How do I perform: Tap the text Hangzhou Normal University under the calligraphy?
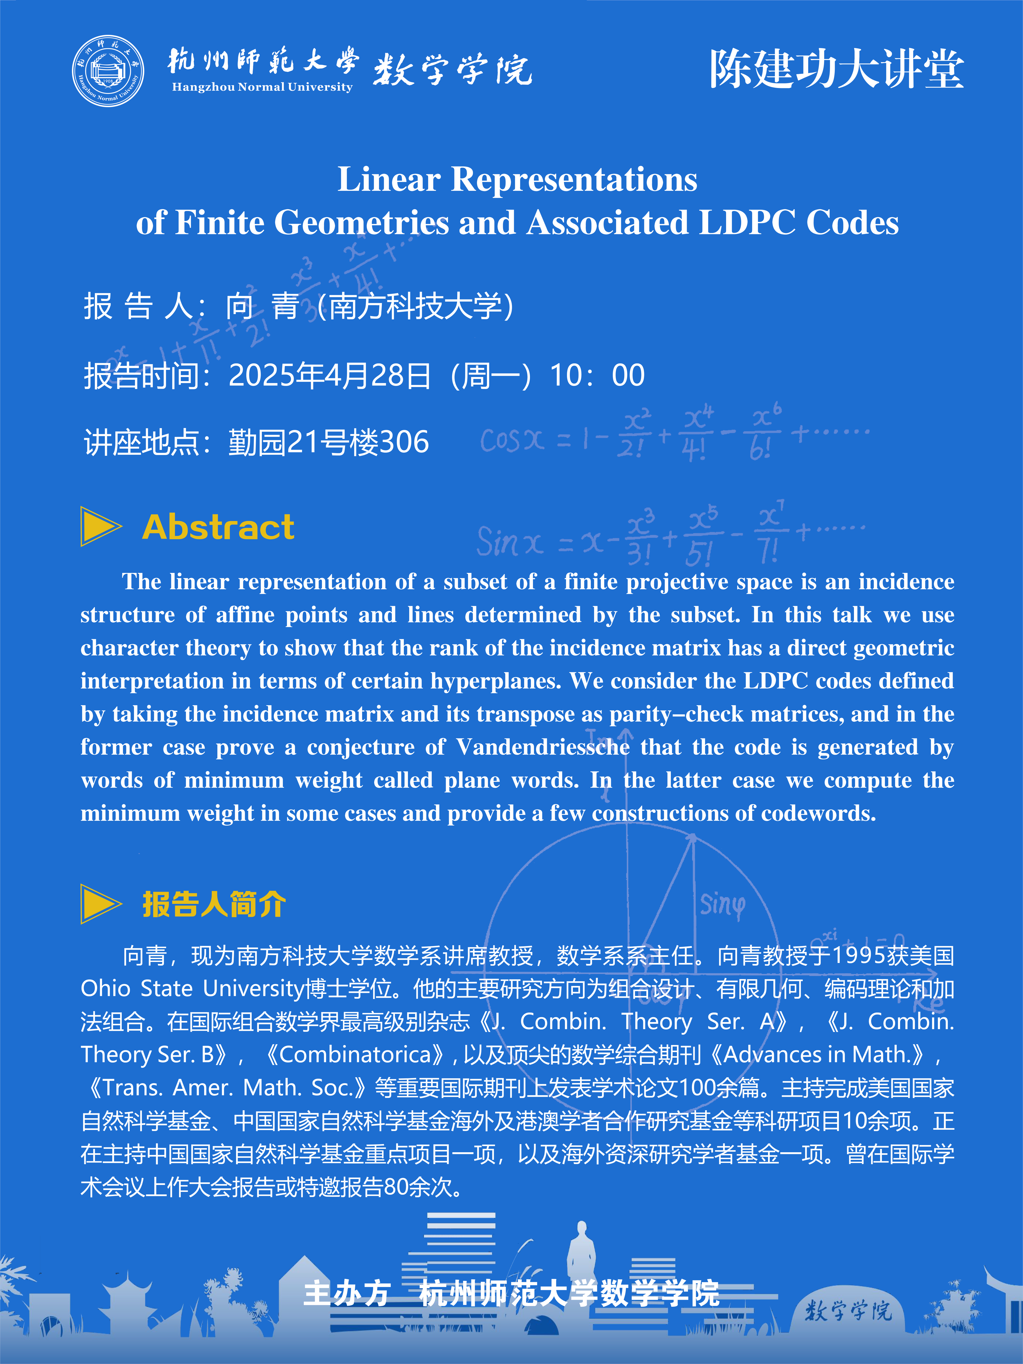click(x=262, y=87)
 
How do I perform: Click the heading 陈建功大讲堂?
click(x=836, y=69)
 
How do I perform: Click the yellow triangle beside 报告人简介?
click(x=100, y=904)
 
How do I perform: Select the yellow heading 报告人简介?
click(x=214, y=905)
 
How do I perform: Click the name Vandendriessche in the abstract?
click(x=543, y=747)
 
